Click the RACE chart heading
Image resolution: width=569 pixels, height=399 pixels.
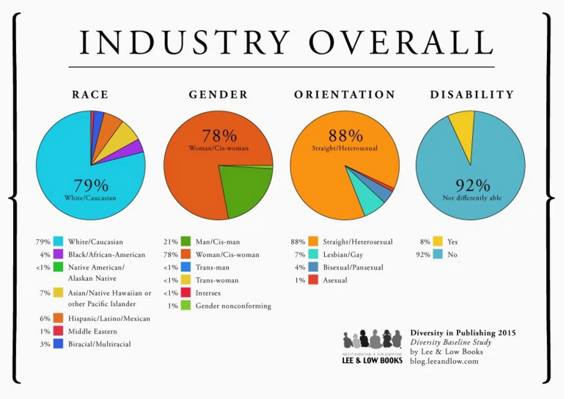[90, 95]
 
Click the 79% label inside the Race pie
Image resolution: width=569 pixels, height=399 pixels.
[91, 186]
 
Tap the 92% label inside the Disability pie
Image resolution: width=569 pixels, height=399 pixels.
[472, 186]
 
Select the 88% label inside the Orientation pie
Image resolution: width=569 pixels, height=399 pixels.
[345, 136]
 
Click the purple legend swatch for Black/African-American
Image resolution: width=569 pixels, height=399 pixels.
[59, 255]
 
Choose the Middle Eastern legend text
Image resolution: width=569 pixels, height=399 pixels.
[92, 332]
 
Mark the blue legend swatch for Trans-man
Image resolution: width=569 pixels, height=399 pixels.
[186, 267]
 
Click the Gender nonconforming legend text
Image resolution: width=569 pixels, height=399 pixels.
[233, 306]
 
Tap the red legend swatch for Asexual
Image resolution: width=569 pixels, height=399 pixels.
[313, 280]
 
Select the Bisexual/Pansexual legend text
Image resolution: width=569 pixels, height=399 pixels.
[353, 268]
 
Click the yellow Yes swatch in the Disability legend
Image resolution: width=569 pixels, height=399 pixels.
[438, 241]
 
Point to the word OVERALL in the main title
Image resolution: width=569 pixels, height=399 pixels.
[401, 42]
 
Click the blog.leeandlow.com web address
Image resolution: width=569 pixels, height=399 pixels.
[444, 362]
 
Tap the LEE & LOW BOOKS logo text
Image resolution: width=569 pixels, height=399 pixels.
[372, 360]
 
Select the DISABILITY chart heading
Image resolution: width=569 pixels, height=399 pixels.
[472, 95]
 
